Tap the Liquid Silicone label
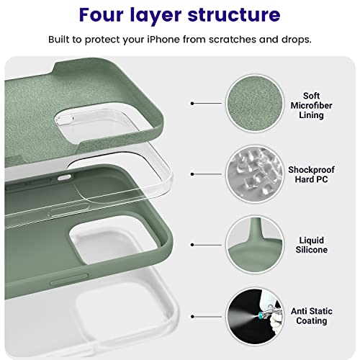pos(311,244)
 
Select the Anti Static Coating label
pos(311,315)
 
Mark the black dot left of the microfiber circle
pos(192,104)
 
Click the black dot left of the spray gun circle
pos(192,314)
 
